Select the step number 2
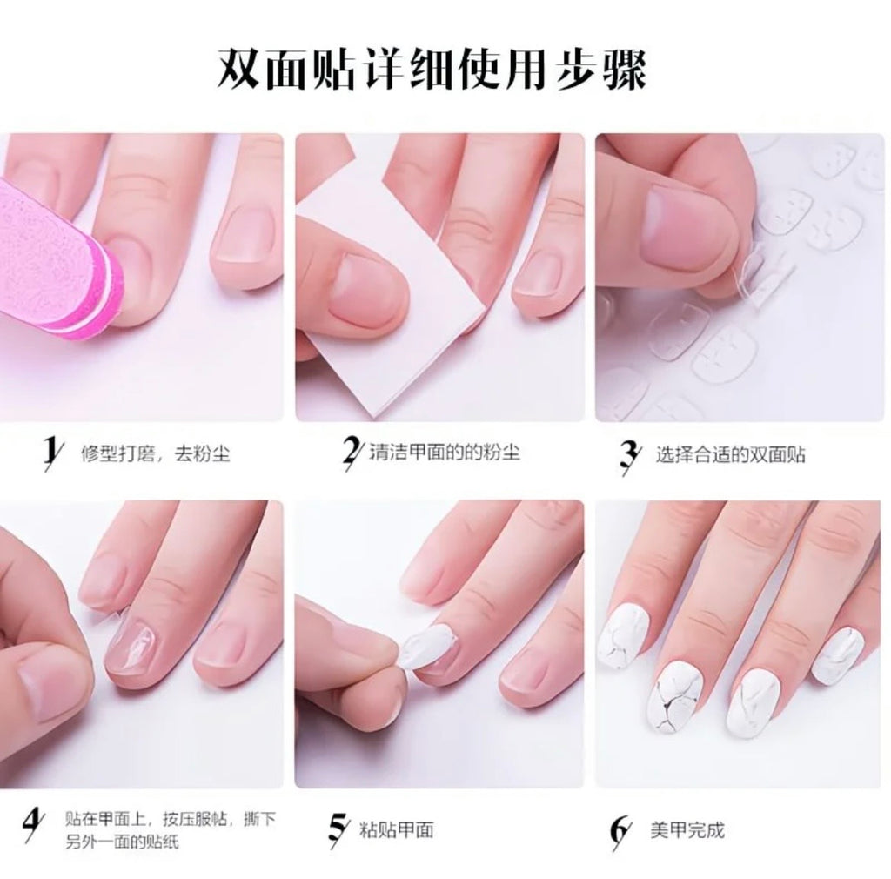click(351, 453)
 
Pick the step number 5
click(338, 829)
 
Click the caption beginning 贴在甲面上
click(171, 830)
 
